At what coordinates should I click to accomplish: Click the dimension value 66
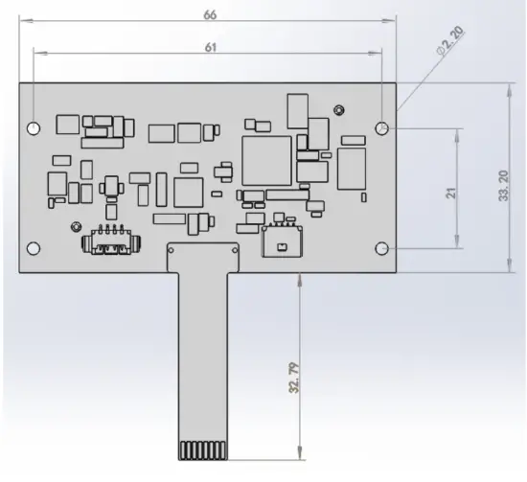pos(210,14)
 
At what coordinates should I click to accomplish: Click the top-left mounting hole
pos(34,127)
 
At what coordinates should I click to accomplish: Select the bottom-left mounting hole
pos(34,248)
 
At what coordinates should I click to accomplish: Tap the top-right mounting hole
pos(382,127)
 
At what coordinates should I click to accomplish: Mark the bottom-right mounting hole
pos(382,248)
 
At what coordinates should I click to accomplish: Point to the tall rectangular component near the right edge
pos(352,168)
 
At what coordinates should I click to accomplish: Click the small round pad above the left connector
pos(74,226)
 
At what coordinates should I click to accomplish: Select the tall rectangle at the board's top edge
pos(296,111)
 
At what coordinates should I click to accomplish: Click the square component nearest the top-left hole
pos(67,124)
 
